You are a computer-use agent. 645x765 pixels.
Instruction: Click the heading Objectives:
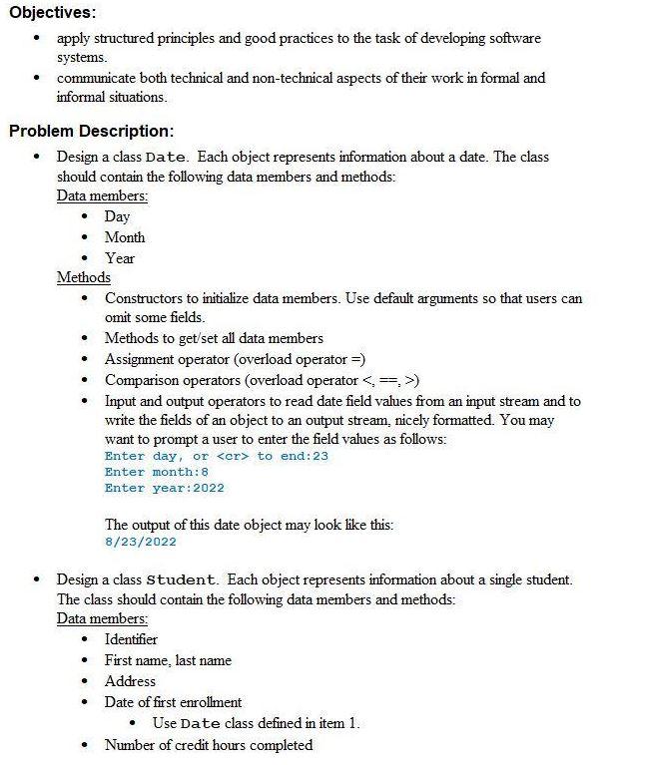[x=52, y=13]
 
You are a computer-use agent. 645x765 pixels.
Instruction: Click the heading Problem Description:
[x=91, y=131]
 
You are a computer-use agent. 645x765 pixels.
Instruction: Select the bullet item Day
[x=117, y=216]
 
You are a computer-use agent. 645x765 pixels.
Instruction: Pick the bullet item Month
[x=125, y=237]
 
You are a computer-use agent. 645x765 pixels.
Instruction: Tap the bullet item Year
[x=120, y=258]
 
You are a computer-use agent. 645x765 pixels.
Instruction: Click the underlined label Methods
[x=84, y=277]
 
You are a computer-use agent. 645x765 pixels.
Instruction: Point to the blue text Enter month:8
[x=157, y=472]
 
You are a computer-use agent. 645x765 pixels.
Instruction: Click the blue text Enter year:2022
[x=165, y=488]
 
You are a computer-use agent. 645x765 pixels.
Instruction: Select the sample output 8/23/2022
[x=140, y=542]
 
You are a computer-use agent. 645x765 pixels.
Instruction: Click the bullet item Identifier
[x=131, y=639]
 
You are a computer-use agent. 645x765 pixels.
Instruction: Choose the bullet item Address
[x=130, y=681]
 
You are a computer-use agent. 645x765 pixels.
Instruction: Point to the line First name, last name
[x=168, y=660]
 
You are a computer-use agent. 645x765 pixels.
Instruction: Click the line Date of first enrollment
[x=173, y=702]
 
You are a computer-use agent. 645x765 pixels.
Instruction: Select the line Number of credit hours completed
[x=208, y=745]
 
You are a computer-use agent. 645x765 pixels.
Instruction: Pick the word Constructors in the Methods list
[x=145, y=298]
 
